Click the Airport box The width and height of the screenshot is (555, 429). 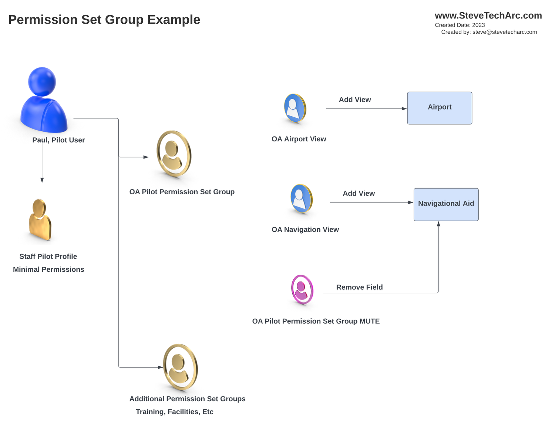tap(439, 108)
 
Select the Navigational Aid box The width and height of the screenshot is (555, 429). tap(446, 204)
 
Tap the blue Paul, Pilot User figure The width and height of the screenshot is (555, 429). tap(43, 100)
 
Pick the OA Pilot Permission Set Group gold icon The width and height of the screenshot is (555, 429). tap(174, 154)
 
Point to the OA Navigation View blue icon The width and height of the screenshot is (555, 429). tap(301, 199)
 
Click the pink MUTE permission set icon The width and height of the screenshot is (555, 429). tap(302, 289)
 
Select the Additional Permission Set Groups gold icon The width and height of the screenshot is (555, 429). tap(180, 367)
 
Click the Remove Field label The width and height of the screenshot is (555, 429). tap(359, 287)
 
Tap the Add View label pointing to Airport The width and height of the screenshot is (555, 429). tap(355, 100)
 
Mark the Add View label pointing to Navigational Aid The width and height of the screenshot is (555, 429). tap(359, 193)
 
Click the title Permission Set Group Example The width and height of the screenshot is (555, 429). tap(104, 19)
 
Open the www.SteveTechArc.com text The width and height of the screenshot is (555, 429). tap(488, 16)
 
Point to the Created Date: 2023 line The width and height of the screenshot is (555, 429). tap(460, 25)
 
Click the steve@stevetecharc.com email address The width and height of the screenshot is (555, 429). tap(504, 32)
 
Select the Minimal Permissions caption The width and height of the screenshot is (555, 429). tap(48, 269)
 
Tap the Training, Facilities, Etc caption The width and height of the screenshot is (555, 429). tap(174, 412)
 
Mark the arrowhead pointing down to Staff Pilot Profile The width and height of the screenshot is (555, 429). tap(42, 180)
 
